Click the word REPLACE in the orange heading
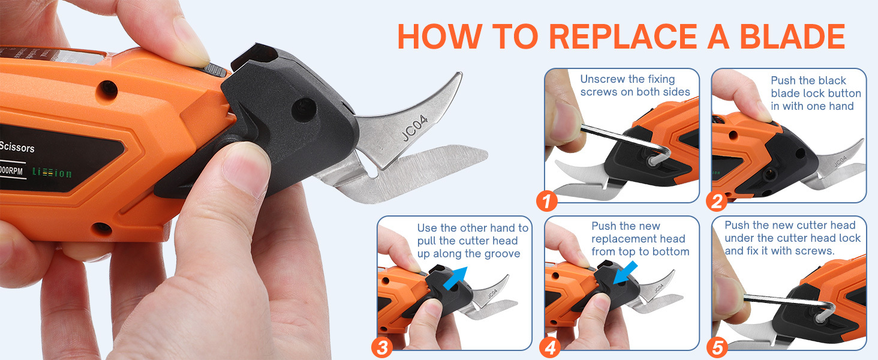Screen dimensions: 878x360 [x=623, y=37]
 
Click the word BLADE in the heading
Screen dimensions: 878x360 [x=792, y=37]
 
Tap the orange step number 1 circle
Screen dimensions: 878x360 [x=547, y=201]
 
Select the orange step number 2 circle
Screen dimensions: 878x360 [x=717, y=201]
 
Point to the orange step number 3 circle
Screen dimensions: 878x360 [x=382, y=347]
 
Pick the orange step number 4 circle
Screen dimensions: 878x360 [x=550, y=347]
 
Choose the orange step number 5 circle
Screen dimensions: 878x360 [x=717, y=347]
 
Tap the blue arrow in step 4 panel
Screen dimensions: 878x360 [x=625, y=274]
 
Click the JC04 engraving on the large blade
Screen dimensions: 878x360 [x=414, y=128]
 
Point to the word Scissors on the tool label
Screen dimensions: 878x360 [x=17, y=147]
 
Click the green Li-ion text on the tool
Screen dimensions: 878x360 [x=52, y=173]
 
